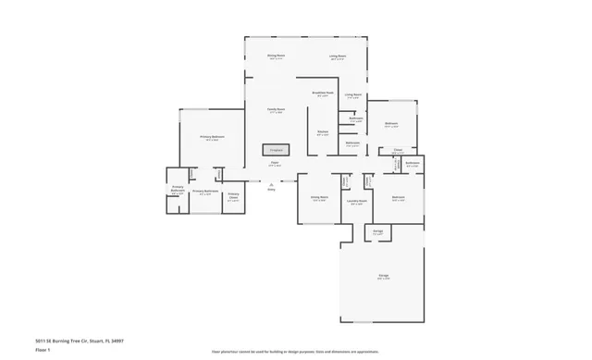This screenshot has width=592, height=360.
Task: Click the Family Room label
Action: [x=276, y=109]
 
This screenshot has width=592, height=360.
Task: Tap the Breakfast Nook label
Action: [x=322, y=93]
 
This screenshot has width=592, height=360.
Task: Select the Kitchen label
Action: [x=322, y=133]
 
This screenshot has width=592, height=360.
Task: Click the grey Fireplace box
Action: [x=275, y=149]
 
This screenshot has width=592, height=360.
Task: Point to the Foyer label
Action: [x=275, y=164]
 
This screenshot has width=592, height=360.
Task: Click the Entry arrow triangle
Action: [x=272, y=182]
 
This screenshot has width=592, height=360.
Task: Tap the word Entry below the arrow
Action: [x=272, y=189]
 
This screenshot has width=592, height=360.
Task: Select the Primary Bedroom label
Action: [x=212, y=137]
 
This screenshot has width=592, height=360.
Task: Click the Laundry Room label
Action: [x=357, y=201]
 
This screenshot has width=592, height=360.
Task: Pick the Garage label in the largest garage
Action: [x=382, y=277]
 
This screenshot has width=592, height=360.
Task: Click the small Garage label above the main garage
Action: [x=377, y=231]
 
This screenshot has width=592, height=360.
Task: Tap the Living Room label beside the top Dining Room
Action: [x=337, y=56]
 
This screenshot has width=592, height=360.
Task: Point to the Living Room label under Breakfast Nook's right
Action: [x=352, y=94]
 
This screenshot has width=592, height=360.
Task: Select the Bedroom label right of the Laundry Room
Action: [x=398, y=198]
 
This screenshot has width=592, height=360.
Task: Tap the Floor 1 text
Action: [x=43, y=351]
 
